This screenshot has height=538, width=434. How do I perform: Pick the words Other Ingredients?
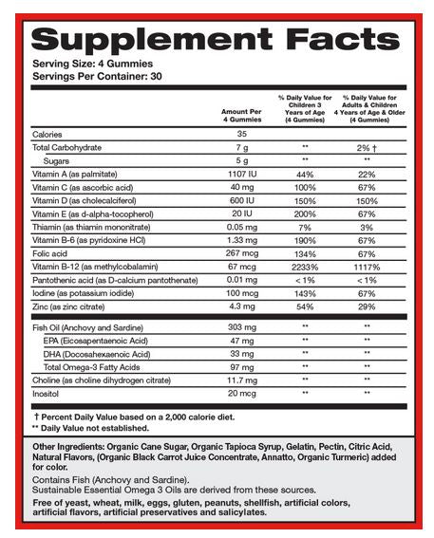tap(72, 446)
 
